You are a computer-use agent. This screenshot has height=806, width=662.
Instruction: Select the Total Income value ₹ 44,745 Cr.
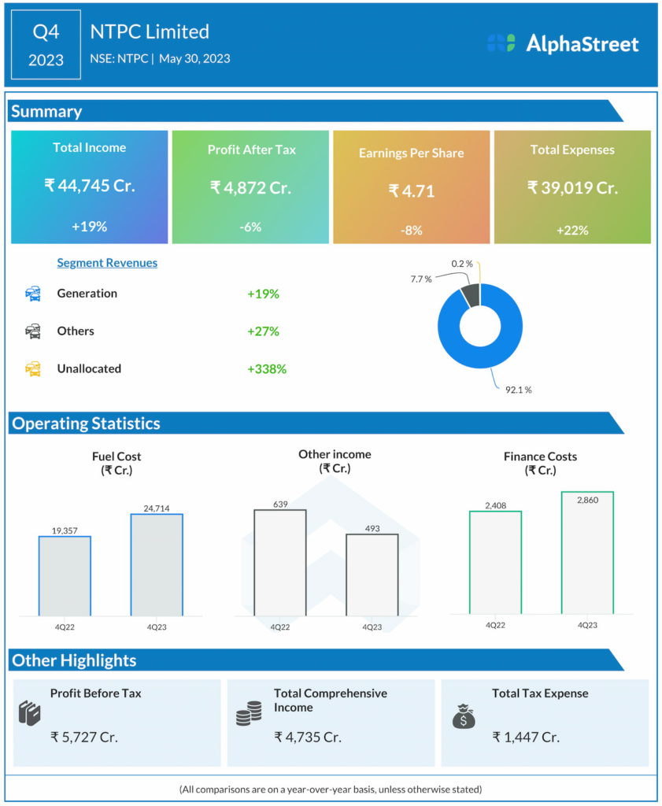point(89,186)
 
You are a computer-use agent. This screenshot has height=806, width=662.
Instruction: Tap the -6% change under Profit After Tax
point(250,227)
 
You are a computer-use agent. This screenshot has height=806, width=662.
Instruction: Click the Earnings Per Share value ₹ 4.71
point(411,190)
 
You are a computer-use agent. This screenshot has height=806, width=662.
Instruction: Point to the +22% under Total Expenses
point(571,230)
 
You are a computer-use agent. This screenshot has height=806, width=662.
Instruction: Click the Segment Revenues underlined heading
point(107,263)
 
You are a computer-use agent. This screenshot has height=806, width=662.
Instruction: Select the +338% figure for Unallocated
point(266,368)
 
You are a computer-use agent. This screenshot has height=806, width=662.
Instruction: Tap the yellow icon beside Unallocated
point(33,368)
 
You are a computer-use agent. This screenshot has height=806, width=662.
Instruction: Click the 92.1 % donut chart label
point(518,390)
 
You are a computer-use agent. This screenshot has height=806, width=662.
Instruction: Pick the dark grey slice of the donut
point(470,294)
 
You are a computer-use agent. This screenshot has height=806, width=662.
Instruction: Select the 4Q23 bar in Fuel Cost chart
point(157,564)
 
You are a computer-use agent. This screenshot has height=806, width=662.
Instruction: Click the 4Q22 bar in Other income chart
point(280,562)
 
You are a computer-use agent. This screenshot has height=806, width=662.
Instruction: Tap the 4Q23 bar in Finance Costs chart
point(587,553)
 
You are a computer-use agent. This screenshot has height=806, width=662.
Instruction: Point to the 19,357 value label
point(65,531)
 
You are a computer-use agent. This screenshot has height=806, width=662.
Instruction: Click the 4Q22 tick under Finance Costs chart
point(495,624)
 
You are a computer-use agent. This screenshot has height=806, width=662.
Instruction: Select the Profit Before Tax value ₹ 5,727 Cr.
point(84,738)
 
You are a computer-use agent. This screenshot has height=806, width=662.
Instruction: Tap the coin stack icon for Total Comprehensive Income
point(249,715)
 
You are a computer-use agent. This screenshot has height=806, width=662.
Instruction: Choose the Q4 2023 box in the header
point(46,45)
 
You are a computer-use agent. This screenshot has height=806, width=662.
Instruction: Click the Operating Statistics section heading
point(85,423)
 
